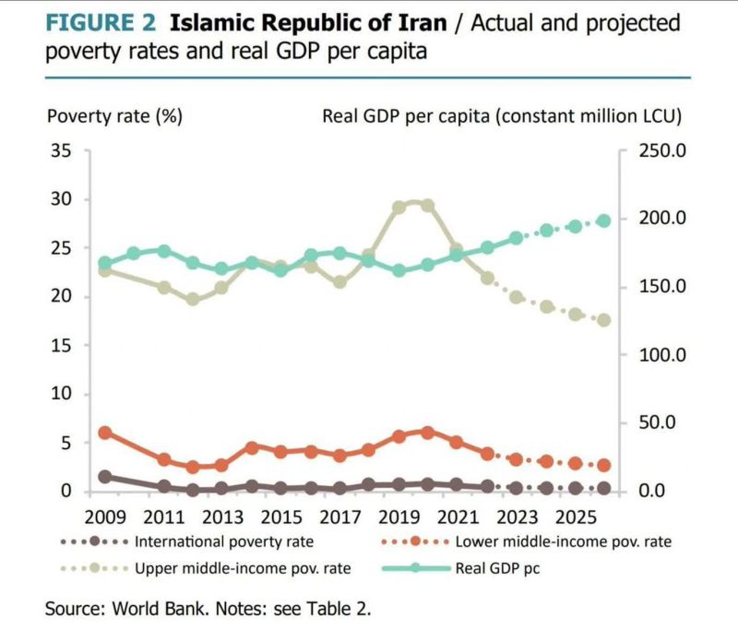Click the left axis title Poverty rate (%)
(114, 116)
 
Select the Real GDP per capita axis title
(501, 116)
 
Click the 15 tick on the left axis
(59, 345)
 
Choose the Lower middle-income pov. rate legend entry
(560, 541)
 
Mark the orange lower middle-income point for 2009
(105, 433)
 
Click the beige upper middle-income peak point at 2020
(427, 206)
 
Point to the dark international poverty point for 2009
(105, 477)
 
